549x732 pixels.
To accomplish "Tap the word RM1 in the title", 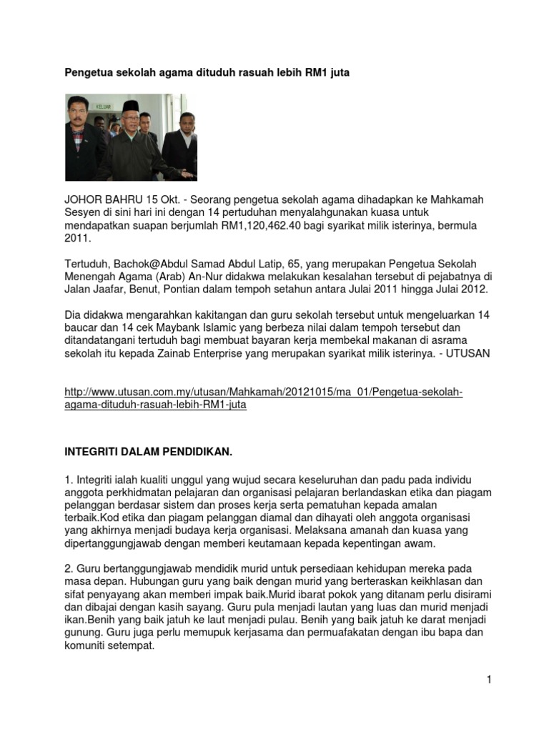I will (319, 73).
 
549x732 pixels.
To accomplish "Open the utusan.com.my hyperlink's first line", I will (264, 392).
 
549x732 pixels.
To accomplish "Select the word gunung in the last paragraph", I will (84, 633).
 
